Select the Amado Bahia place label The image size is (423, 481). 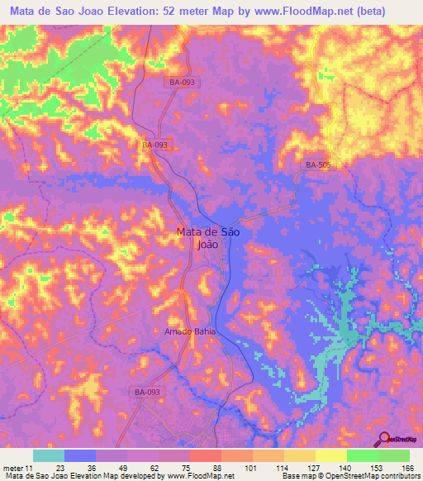[x=189, y=331]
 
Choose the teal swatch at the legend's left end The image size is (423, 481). [x=49, y=455]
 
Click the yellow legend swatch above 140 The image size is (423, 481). [x=330, y=455]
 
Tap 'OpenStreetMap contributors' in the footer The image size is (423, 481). [x=380, y=476]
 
